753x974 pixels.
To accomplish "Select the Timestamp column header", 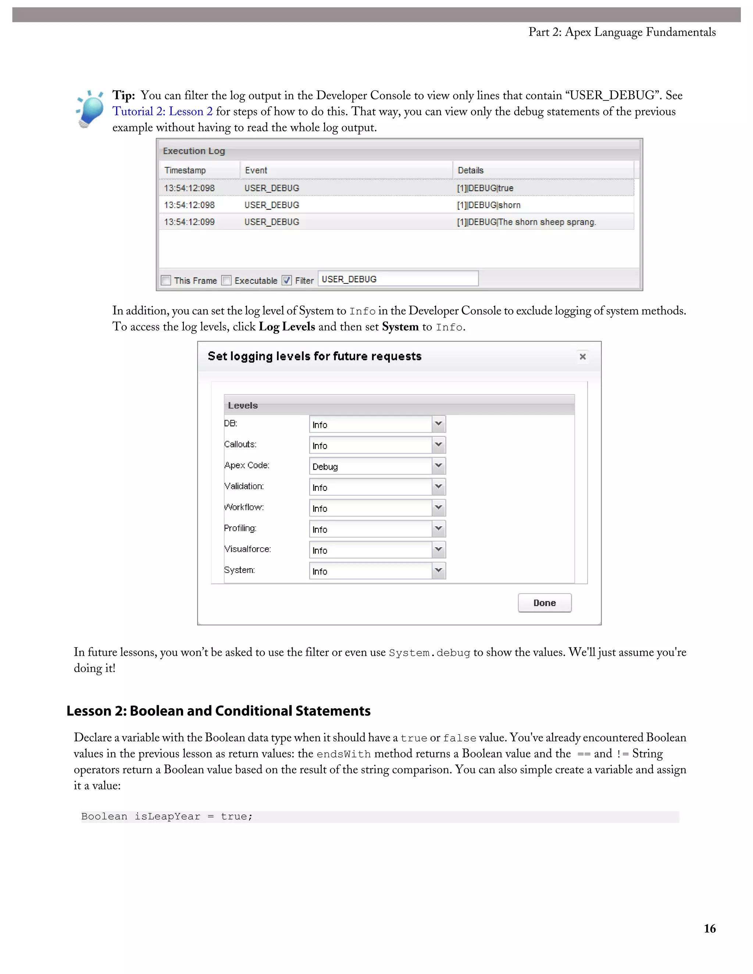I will pos(185,171).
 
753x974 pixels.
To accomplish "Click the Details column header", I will pos(471,171).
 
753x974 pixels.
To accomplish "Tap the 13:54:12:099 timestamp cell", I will pos(189,222).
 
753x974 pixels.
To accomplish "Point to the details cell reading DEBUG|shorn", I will pos(489,205).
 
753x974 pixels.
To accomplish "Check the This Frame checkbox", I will pos(166,280).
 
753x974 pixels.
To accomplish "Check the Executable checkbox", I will pos(226,280).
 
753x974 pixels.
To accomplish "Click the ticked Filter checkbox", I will pos(287,280).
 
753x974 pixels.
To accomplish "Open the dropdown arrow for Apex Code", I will pos(439,466).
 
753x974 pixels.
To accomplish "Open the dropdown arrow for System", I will pos(439,570).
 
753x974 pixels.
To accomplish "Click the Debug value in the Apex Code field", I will pos(325,467).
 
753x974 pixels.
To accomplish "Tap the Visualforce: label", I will pos(247,549).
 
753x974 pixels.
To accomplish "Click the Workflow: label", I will pos(244,507).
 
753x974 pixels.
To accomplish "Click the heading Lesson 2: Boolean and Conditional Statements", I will pos(219,711).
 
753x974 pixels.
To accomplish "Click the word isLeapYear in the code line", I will pos(167,817).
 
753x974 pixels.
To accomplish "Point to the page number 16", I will pos(709,928).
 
